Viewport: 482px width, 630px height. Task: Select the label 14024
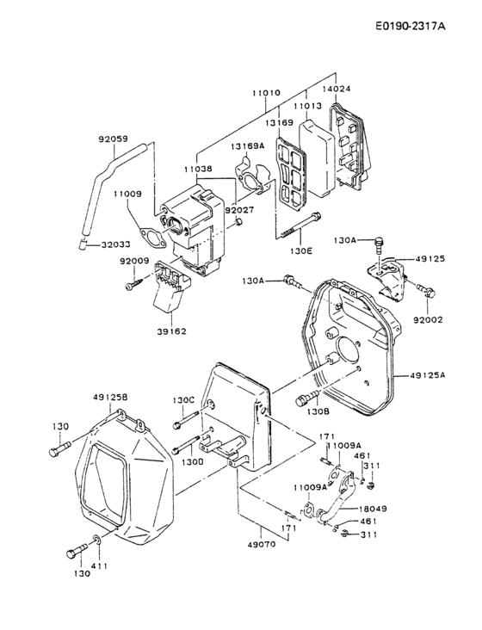click(337, 88)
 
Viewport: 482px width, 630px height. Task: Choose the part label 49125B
click(110, 397)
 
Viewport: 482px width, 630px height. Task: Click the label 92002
click(427, 318)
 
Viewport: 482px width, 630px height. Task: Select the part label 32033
click(119, 244)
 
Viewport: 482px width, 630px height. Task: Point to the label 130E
click(301, 250)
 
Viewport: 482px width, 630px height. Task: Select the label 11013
click(307, 107)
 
